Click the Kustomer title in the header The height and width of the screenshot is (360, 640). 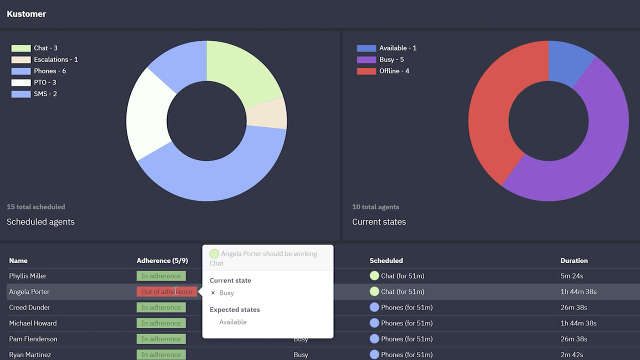tap(26, 14)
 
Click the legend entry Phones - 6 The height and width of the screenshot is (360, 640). tap(49, 71)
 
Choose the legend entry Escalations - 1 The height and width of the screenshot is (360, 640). tap(55, 59)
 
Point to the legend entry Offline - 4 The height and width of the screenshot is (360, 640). tap(394, 71)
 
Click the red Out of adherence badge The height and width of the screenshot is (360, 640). tap(166, 291)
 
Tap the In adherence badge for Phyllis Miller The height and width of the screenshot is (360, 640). tap(161, 276)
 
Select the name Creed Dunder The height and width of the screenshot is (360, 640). tap(29, 307)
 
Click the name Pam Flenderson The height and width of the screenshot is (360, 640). tap(33, 339)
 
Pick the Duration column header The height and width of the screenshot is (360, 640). tap(574, 260)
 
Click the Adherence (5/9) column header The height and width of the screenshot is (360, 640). tap(162, 260)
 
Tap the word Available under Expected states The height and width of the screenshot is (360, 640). tap(232, 322)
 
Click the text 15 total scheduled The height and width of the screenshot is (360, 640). tap(35, 207)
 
